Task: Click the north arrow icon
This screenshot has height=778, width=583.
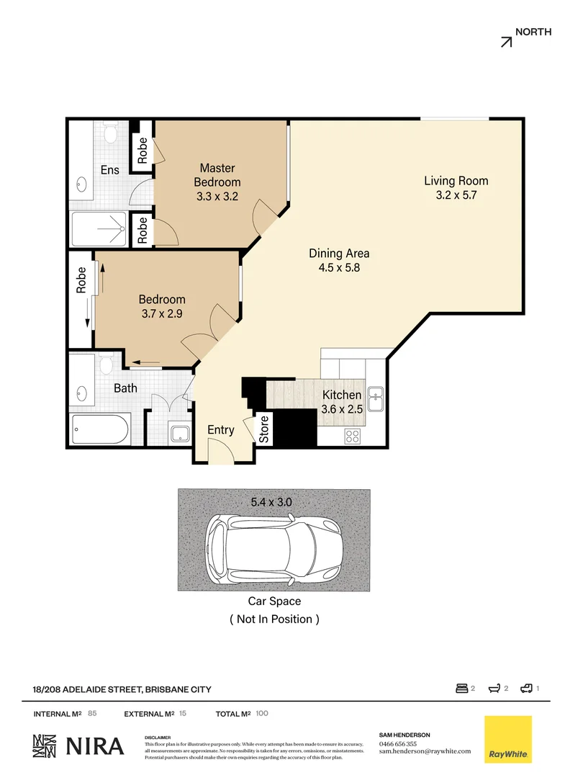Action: [506, 42]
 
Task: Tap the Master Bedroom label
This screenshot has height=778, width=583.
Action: [217, 175]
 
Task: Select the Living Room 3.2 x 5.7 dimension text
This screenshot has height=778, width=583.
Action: [456, 194]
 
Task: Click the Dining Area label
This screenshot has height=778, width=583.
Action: [339, 253]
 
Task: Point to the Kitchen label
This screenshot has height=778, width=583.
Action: [341, 395]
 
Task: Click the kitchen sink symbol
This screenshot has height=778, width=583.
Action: [375, 397]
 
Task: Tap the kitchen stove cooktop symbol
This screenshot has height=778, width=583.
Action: [353, 435]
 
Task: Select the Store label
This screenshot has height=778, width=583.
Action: [264, 429]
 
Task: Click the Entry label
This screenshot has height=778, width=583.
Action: [221, 430]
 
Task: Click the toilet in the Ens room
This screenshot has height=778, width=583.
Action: [111, 134]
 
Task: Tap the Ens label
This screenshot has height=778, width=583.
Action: [109, 170]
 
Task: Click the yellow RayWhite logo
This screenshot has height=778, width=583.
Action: [508, 739]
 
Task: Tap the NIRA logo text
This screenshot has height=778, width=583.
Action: [95, 746]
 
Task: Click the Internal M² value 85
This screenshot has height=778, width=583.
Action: [92, 714]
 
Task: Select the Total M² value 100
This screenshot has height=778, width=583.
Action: [262, 714]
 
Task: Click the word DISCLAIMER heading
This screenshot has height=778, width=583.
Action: [158, 738]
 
